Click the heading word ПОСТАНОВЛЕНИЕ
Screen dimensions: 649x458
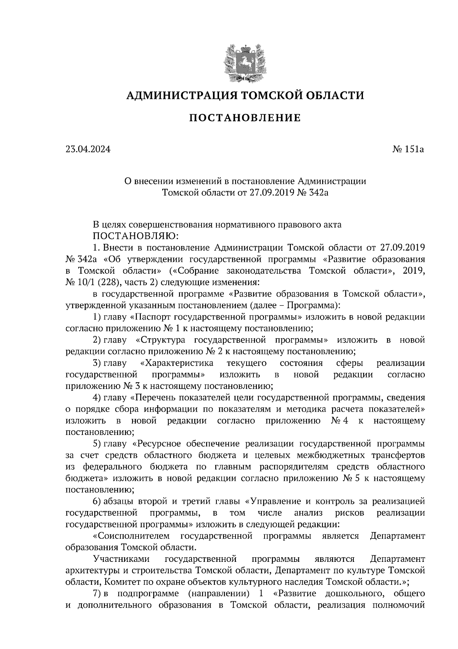pos(245,118)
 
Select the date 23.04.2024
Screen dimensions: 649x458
pos(88,149)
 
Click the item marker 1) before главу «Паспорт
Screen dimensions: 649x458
pos(97,317)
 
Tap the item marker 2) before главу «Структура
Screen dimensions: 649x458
pos(97,340)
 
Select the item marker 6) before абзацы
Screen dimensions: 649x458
pos(97,501)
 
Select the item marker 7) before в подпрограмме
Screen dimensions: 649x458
pos(97,594)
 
